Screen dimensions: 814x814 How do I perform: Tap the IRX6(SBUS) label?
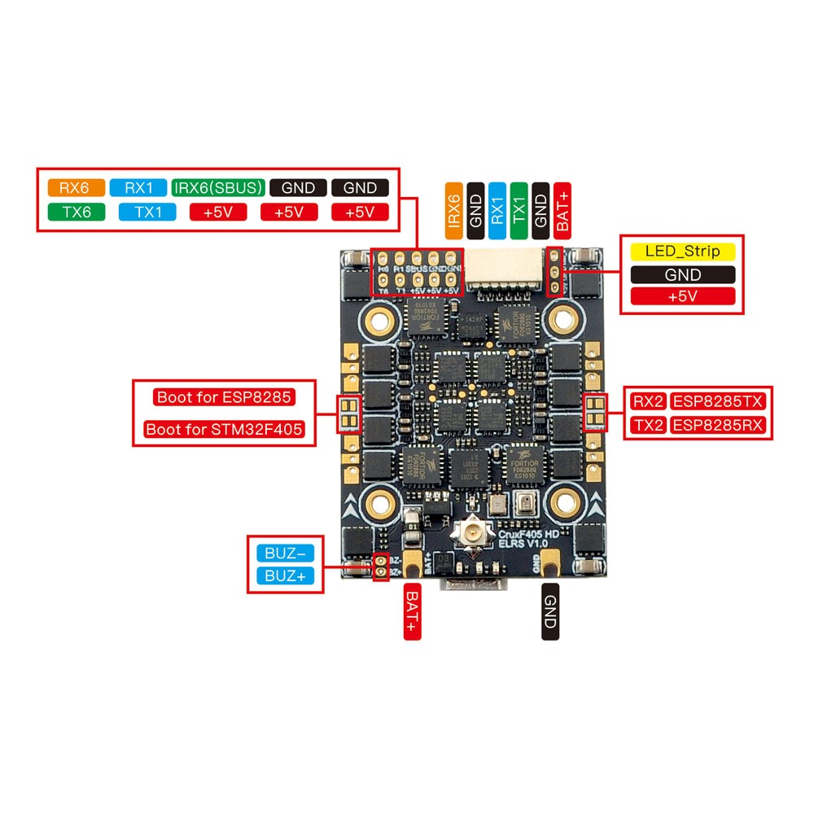click(219, 187)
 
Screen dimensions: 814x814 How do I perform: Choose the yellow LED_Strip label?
click(682, 252)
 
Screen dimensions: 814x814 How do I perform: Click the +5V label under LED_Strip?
click(682, 296)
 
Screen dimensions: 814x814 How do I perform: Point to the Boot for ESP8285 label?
click(223, 398)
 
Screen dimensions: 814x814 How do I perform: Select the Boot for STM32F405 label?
click(230, 428)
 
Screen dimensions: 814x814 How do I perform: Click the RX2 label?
click(648, 400)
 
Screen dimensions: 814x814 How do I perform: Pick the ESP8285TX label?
click(717, 400)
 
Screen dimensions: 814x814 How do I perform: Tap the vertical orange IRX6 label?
click(454, 210)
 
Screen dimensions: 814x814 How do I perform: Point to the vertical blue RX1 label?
click(497, 210)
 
